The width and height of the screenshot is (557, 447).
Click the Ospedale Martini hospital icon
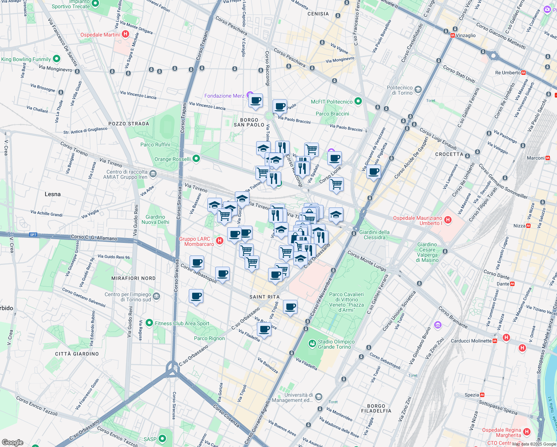pyautogui.click(x=125, y=35)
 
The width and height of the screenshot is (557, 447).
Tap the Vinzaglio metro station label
pyautogui.click(x=465, y=35)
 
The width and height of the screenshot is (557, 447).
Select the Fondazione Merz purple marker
pyautogui.click(x=250, y=96)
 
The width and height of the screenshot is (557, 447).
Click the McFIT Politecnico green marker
pyautogui.click(x=358, y=101)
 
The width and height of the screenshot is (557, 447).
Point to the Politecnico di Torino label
pyautogui.click(x=400, y=90)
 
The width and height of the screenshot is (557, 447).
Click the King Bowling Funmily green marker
pyautogui.click(x=57, y=59)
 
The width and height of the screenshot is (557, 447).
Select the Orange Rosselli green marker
pyautogui.click(x=196, y=159)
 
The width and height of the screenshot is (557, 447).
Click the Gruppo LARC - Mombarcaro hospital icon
pyautogui.click(x=220, y=241)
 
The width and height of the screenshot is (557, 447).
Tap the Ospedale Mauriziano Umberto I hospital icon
pyautogui.click(x=448, y=220)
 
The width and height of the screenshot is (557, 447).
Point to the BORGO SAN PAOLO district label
pyautogui.click(x=249, y=123)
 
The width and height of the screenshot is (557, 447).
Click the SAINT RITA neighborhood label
pyautogui.click(x=264, y=297)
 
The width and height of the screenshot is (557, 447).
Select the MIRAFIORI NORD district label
pyautogui.click(x=133, y=278)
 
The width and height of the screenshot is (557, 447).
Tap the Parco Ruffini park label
pyautogui.click(x=155, y=145)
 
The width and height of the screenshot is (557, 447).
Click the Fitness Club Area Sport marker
pyautogui.click(x=149, y=323)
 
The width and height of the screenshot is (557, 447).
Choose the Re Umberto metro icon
pyautogui.click(x=523, y=73)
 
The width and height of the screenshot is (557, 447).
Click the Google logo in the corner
pyautogui.click(x=12, y=442)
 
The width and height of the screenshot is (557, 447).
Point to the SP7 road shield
pyautogui.click(x=33, y=235)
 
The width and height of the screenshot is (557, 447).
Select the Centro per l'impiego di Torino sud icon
pyautogui.click(x=156, y=297)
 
